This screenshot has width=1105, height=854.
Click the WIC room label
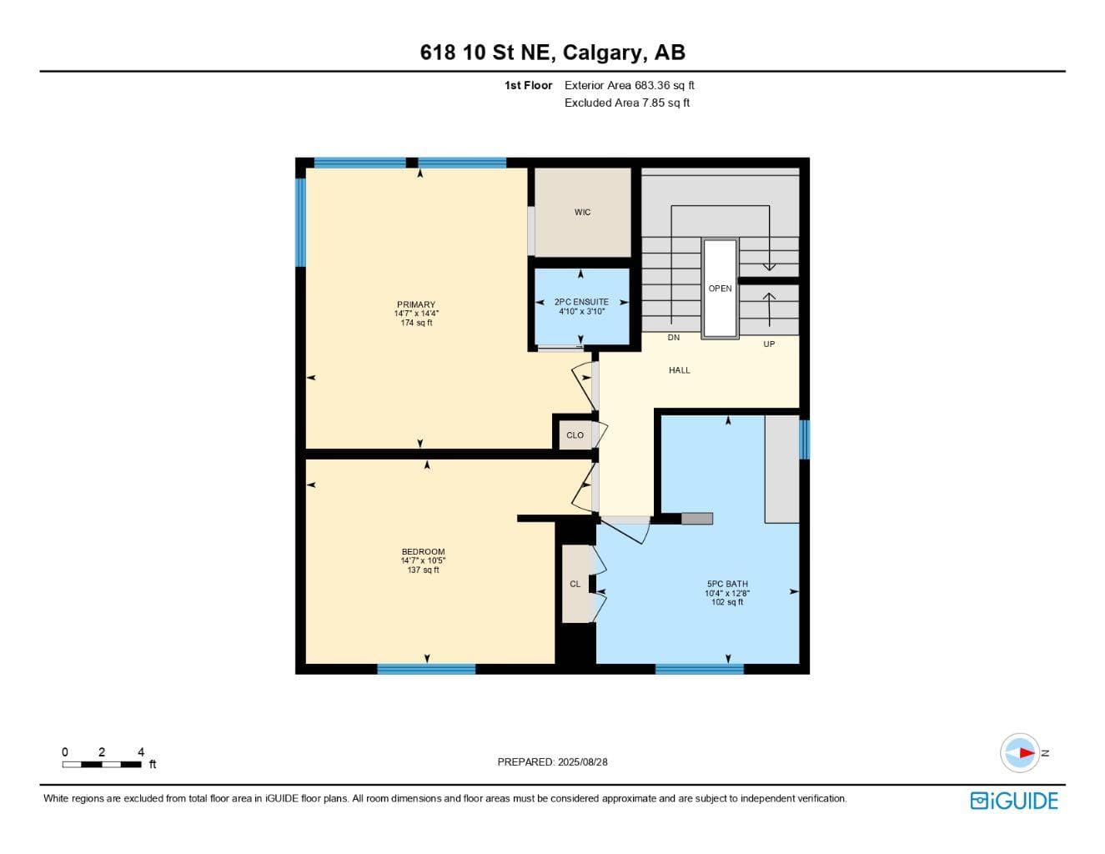[x=582, y=212]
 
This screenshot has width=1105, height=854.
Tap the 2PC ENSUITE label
[x=581, y=301]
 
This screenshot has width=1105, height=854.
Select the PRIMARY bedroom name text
[x=416, y=304]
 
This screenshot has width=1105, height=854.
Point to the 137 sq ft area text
[x=423, y=570]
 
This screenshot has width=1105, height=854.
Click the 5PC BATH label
[x=727, y=584]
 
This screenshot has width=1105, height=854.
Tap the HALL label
[x=680, y=370]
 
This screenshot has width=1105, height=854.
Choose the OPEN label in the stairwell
[x=720, y=289]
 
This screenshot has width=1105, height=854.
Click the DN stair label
[x=673, y=338]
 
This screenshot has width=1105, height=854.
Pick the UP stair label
[x=769, y=344]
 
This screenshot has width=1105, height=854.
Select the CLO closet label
[x=575, y=435]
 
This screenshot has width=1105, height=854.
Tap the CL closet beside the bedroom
[x=575, y=584]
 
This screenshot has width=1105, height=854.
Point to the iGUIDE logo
[x=1014, y=801]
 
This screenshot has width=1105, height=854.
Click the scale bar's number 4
[x=141, y=751]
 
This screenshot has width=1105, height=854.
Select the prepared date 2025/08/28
[x=583, y=762]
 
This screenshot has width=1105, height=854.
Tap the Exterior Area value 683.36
[x=652, y=85]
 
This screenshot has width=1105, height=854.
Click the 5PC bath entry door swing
[x=625, y=530]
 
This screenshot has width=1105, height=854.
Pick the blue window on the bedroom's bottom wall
[x=426, y=669]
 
